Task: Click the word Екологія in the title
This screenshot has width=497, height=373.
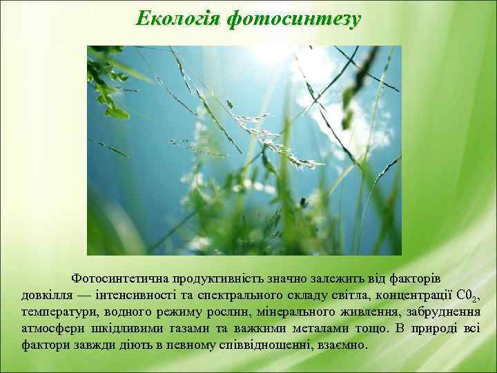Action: click(x=177, y=19)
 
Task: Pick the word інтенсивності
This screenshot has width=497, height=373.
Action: click(x=132, y=296)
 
